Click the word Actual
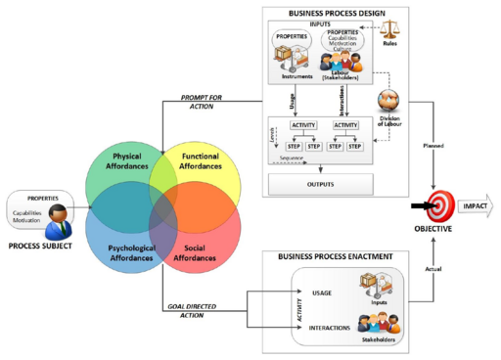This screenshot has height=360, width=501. [x=416, y=267]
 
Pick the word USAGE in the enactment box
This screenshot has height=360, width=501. [x=322, y=293]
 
